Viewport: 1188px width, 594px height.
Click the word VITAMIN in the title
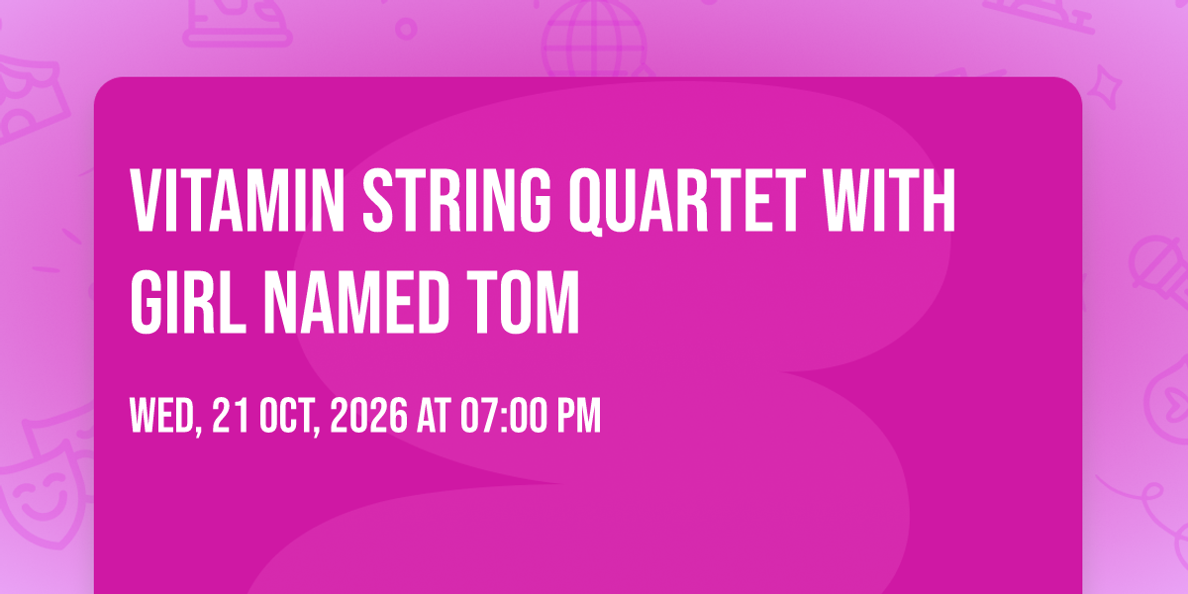pyautogui.click(x=238, y=200)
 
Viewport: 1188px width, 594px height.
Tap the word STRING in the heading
pyautogui.click(x=457, y=200)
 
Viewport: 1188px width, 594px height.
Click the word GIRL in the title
pyautogui.click(x=188, y=302)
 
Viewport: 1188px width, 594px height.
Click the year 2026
pyautogui.click(x=369, y=415)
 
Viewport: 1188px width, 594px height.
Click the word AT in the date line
pyautogui.click(x=434, y=415)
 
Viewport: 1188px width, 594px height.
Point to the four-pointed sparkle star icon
pyautogui.click(x=1105, y=86)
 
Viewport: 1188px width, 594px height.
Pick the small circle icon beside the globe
pyautogui.click(x=406, y=29)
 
